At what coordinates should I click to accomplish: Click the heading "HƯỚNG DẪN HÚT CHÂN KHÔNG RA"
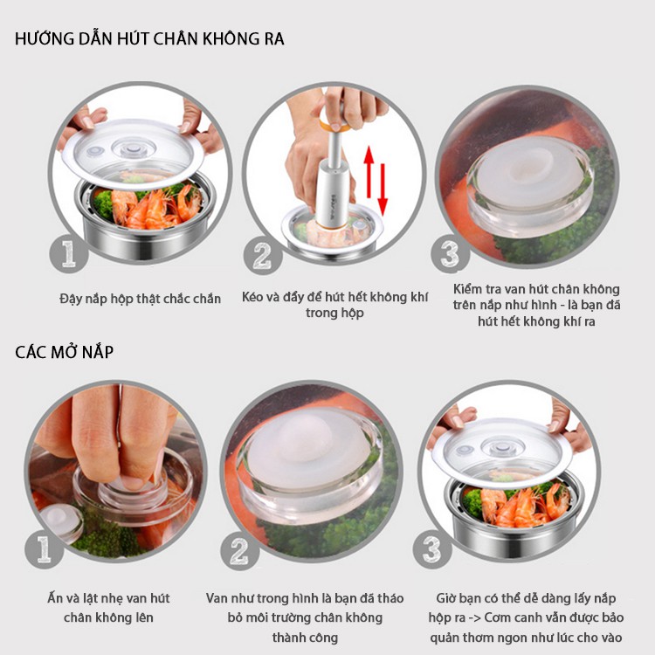(149, 38)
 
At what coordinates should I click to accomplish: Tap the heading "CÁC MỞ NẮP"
(65, 352)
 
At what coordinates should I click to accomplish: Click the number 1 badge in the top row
(69, 254)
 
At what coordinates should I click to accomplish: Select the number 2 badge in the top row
(263, 255)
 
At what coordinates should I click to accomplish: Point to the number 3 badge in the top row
(451, 254)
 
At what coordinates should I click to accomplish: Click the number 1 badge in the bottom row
(44, 549)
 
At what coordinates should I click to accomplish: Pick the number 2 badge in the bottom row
(240, 551)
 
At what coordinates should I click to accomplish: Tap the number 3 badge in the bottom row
(432, 549)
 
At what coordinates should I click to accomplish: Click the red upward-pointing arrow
(369, 172)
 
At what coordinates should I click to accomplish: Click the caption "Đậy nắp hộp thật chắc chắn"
(140, 299)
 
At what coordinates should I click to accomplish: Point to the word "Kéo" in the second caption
(253, 297)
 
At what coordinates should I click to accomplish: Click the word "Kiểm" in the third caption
(468, 289)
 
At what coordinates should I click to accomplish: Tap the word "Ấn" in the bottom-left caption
(55, 598)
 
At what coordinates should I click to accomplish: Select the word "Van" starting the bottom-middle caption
(217, 598)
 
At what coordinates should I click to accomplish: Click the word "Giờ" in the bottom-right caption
(445, 598)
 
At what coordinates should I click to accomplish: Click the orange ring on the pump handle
(334, 125)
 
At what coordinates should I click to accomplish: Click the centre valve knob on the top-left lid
(133, 148)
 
